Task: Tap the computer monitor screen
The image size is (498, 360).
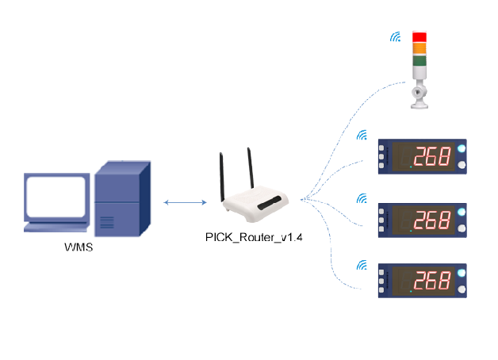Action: (56, 196)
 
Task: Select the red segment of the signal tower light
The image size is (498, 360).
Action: (419, 36)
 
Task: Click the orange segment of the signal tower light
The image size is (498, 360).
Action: (419, 48)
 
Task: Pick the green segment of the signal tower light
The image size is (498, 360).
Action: (419, 59)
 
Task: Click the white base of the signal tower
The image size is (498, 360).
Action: (418, 93)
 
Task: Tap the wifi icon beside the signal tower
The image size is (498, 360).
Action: (395, 37)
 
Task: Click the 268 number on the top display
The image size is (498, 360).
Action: (431, 156)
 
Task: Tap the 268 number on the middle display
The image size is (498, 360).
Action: (431, 220)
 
